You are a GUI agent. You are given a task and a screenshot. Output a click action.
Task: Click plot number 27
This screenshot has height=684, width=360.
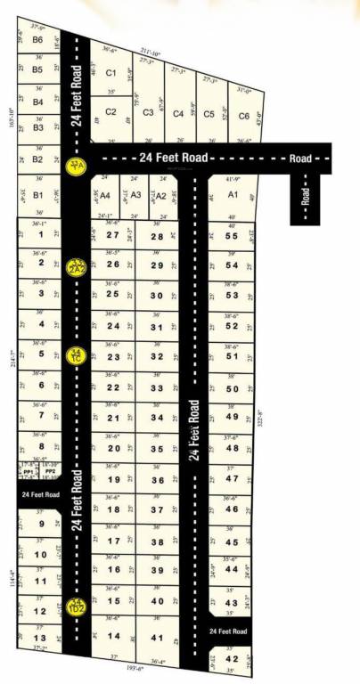112,234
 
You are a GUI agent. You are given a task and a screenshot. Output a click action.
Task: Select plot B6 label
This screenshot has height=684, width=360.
37,40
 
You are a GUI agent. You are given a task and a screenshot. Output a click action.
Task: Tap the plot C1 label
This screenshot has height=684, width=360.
110,73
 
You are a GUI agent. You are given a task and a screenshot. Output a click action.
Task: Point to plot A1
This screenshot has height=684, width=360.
233,193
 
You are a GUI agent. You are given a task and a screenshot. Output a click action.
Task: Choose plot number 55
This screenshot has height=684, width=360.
232,235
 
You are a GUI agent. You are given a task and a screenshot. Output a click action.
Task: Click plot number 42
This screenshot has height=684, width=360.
232,659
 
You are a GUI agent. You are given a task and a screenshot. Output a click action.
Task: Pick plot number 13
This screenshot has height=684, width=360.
39,638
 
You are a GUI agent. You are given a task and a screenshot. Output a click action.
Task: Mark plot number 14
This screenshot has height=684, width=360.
113,636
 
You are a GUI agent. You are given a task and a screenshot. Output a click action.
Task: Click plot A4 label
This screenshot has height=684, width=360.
104,194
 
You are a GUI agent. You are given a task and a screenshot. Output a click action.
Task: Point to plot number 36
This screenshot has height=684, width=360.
158,481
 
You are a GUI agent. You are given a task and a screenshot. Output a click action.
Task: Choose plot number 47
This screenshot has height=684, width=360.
232,479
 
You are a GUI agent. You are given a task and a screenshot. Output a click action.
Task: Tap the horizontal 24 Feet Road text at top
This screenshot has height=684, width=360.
174,158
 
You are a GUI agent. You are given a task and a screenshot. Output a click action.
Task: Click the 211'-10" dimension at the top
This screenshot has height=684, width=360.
149,53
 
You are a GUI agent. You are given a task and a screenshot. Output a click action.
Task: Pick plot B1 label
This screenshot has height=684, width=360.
38,195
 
